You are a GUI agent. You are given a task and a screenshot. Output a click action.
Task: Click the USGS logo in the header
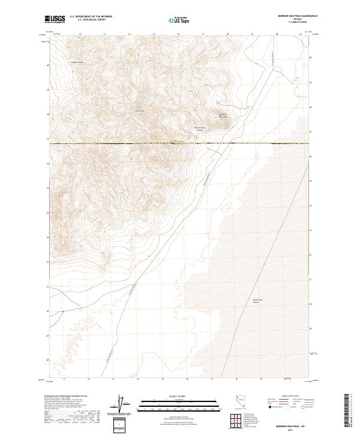[x=55, y=20]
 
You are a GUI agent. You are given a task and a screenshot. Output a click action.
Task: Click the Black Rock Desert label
[x=257, y=301]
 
